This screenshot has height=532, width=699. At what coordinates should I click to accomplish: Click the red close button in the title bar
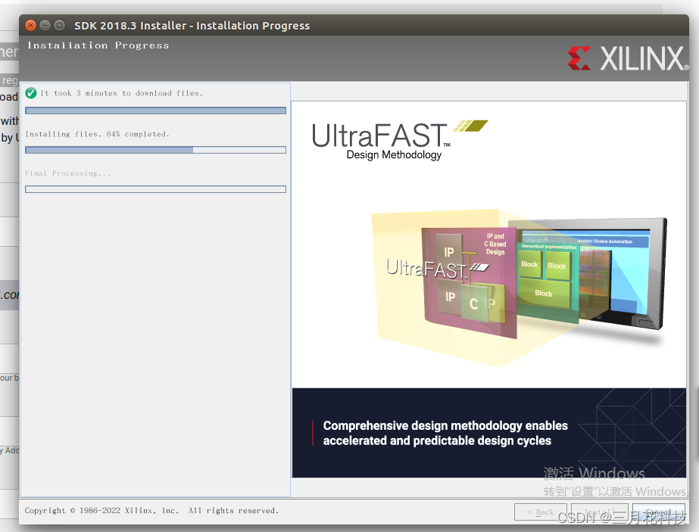click(30, 25)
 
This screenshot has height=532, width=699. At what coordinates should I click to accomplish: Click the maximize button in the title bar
click(59, 25)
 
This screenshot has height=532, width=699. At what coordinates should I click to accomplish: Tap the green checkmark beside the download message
click(31, 93)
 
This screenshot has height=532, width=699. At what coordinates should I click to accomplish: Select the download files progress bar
click(155, 110)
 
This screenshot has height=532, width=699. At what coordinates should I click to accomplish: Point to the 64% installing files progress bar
click(155, 150)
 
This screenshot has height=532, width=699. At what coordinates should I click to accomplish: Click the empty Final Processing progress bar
click(155, 189)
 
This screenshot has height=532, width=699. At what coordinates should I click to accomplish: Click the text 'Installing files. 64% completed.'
click(97, 134)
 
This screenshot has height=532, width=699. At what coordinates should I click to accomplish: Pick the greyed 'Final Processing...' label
click(67, 173)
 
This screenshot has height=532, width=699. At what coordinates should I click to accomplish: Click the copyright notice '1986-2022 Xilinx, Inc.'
click(129, 511)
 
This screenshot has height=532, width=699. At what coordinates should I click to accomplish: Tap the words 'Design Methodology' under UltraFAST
click(394, 155)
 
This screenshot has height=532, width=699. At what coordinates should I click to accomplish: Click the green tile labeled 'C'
click(474, 304)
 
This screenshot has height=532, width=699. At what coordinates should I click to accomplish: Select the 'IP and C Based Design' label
click(495, 244)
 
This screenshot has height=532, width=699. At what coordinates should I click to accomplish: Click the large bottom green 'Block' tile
click(544, 294)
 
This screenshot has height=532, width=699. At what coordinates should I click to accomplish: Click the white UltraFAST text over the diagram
click(425, 268)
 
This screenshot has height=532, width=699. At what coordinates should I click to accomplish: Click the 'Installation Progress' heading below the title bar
click(98, 45)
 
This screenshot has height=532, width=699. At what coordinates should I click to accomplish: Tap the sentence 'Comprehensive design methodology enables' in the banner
click(445, 425)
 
